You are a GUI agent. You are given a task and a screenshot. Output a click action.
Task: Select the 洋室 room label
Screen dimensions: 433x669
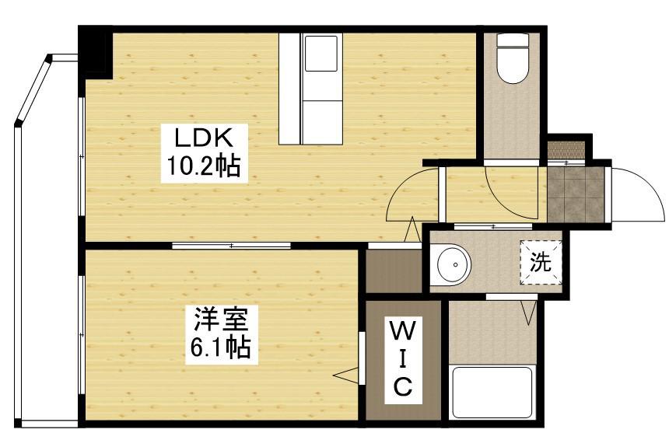point(221,320)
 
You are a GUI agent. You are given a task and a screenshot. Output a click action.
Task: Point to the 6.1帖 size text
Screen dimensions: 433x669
point(221,347)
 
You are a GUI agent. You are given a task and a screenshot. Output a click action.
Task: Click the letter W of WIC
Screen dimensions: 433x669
point(401,332)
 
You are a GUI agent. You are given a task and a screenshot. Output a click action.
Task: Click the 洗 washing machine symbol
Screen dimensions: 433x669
point(539,263)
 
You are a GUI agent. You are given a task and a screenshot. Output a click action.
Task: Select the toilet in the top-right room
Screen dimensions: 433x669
point(513,58)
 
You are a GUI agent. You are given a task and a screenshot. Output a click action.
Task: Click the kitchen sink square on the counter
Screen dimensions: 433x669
point(320,57)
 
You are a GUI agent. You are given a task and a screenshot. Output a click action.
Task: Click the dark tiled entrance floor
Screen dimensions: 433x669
point(575,192)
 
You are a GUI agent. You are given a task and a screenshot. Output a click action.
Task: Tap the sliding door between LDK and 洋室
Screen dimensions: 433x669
point(231,246)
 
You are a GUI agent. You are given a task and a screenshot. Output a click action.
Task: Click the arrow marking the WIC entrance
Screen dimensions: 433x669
point(343,375)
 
